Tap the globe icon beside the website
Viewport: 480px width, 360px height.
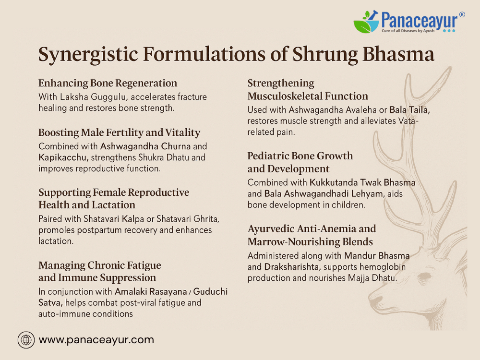point(26,340)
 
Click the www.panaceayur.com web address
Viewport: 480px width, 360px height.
point(96,340)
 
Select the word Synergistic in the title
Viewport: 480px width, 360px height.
point(88,55)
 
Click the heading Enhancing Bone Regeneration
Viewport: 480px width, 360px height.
point(108,83)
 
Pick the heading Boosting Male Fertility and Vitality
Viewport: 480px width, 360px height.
point(120,132)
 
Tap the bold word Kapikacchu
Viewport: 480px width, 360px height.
point(63,157)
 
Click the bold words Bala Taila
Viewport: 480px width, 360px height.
point(409,110)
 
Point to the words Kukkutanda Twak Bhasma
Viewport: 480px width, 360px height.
point(362,182)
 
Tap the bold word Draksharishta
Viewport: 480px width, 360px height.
point(292,267)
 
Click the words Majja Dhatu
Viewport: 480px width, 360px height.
point(372,278)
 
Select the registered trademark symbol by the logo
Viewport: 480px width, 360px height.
point(462,14)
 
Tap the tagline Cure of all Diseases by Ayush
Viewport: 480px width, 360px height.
point(408,31)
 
